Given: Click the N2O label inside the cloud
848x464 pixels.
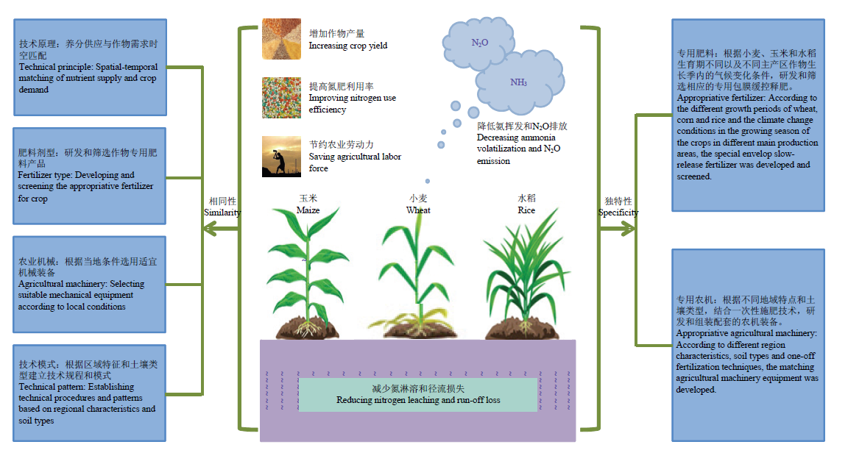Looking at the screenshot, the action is tap(480, 43).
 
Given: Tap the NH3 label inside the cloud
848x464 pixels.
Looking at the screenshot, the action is tap(518, 82).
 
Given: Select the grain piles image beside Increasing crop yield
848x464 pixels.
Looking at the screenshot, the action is tap(281, 39).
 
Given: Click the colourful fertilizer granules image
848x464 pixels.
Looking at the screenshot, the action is tap(281, 98).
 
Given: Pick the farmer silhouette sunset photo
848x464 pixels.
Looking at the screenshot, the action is tap(281, 157).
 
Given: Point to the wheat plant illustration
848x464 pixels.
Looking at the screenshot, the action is tap(417, 276).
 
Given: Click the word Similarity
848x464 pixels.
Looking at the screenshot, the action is tap(222, 213).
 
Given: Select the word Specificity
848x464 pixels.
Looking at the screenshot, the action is tap(618, 213).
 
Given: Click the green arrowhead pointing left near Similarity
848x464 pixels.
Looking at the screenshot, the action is tap(211, 229).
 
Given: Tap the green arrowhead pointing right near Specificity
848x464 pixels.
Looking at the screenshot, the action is tap(627, 229).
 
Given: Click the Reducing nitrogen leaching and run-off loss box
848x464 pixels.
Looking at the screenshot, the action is tap(418, 395).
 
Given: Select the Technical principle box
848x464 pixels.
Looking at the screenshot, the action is tap(91, 68).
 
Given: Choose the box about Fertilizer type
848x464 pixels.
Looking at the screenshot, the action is tap(90, 176).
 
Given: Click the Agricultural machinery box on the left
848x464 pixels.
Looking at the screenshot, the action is tap(90, 285).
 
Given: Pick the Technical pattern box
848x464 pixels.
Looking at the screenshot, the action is tap(90, 393).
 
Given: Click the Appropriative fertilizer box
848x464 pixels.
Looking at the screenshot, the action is tap(749, 115).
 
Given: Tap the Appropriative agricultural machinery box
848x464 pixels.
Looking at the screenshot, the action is tap(749, 346).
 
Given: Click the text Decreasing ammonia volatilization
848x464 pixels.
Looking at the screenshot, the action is tap(516, 143).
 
